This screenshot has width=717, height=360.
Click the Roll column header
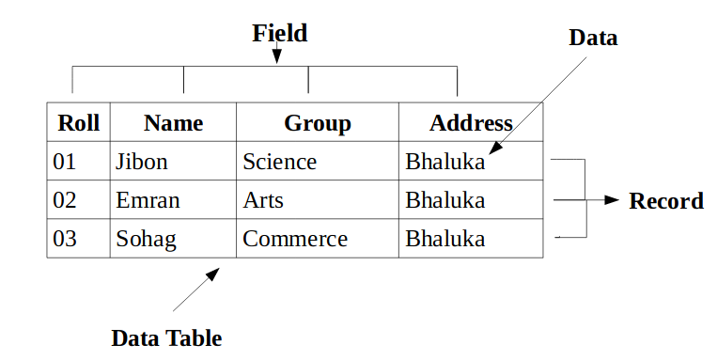pyautogui.click(x=79, y=122)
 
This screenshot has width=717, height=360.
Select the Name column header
pyautogui.click(x=173, y=122)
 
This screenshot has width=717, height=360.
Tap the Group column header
pyautogui.click(x=318, y=123)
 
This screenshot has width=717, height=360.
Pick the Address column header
pyautogui.click(x=471, y=122)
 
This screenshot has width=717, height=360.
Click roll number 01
pyautogui.click(x=65, y=162)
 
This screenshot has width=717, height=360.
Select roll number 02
pyautogui.click(x=65, y=200)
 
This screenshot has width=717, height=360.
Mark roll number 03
pyautogui.click(x=65, y=239)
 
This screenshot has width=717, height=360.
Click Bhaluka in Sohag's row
pyautogui.click(x=444, y=239)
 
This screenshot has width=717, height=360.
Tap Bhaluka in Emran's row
pyautogui.click(x=444, y=200)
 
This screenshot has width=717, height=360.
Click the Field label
pyautogui.click(x=280, y=34)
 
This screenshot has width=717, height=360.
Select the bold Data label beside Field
pyautogui.click(x=593, y=38)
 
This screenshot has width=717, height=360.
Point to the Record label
pyautogui.click(x=666, y=201)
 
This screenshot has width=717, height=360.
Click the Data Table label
pyautogui.click(x=166, y=338)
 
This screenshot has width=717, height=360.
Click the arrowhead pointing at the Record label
pyautogui.click(x=612, y=199)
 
